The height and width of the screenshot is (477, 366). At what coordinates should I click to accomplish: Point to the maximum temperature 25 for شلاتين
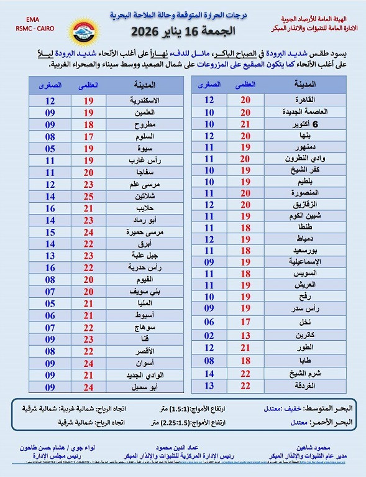88,196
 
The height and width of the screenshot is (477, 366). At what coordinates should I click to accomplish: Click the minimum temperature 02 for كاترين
209,335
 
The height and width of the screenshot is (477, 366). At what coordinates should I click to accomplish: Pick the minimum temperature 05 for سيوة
50,148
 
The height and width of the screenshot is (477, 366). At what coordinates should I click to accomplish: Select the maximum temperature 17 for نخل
245,322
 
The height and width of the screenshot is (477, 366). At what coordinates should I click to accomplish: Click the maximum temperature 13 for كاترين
245,335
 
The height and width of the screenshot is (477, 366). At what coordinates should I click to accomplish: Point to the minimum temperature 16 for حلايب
50,208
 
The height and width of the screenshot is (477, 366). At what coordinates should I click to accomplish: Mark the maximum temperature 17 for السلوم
88,136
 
